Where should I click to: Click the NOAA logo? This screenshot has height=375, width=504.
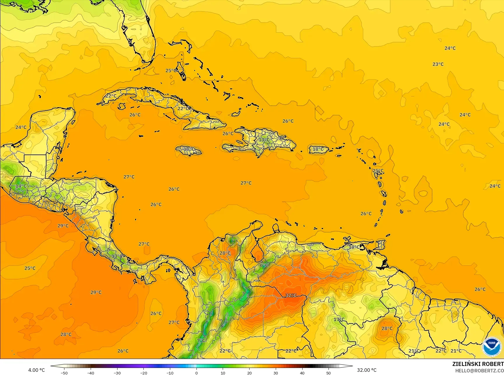tap(491, 347)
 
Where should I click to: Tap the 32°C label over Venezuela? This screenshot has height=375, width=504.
tap(291, 295)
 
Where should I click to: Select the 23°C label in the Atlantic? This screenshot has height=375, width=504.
tap(438, 64)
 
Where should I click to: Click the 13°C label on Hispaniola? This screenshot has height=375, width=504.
tap(264, 140)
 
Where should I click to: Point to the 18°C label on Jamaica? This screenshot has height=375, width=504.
tap(189, 149)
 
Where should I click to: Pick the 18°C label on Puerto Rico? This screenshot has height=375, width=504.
tap(318, 149)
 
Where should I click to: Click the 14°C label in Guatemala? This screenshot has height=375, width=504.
tap(21, 186)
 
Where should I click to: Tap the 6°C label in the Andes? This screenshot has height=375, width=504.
tap(264, 265)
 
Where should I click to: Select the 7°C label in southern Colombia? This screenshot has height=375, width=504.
tap(201, 340)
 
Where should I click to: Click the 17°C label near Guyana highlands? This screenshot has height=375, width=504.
tap(339, 319)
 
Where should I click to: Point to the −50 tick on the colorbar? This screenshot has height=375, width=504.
tap(64, 373)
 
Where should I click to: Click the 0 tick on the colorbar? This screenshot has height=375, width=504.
tap(196, 373)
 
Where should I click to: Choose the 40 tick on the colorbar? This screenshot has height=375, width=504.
tap(302, 373)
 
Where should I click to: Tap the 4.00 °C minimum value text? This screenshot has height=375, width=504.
tap(36, 370)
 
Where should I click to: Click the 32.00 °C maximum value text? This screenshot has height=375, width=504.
tap(367, 370)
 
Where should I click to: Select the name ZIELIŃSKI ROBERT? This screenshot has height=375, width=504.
tap(478, 364)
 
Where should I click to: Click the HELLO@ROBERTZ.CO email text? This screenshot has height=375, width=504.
tap(480, 370)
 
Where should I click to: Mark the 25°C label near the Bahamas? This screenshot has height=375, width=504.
tap(171, 71)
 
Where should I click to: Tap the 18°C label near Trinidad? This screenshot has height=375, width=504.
tap(354, 247)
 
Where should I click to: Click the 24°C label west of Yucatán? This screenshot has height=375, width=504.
tap(21, 127)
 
